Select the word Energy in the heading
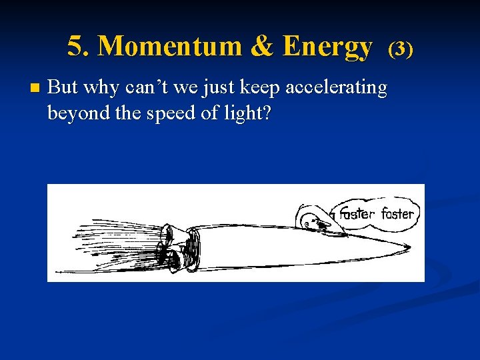[327, 47]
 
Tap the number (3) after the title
[401, 48]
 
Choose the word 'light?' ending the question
[247, 113]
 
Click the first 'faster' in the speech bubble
[357, 214]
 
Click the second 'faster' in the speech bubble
[397, 214]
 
